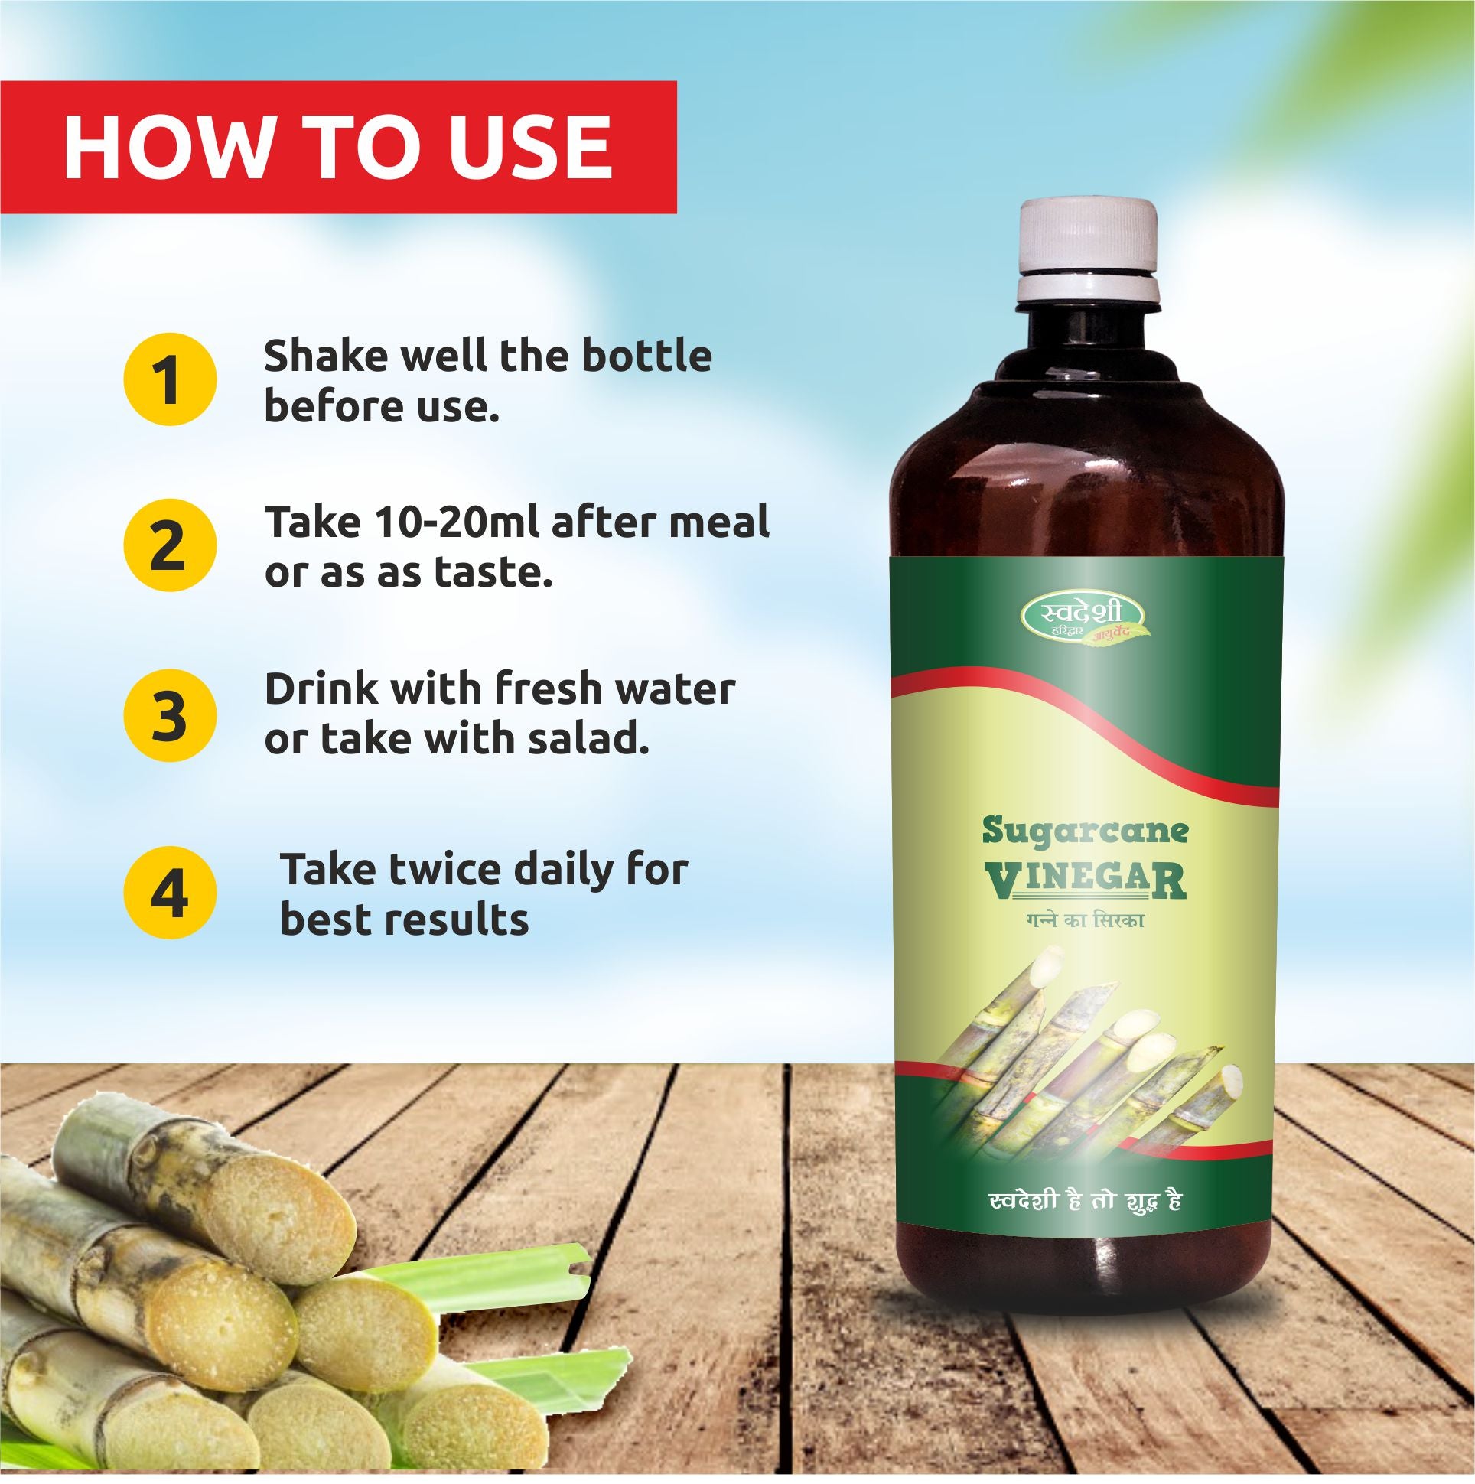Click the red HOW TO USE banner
click(x=338, y=147)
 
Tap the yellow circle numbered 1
click(x=170, y=379)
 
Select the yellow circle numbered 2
click(x=170, y=545)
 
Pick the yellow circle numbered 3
click(x=170, y=715)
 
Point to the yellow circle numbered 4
click(x=170, y=893)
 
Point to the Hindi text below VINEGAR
click(x=1085, y=919)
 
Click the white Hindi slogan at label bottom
click(x=1085, y=1200)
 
